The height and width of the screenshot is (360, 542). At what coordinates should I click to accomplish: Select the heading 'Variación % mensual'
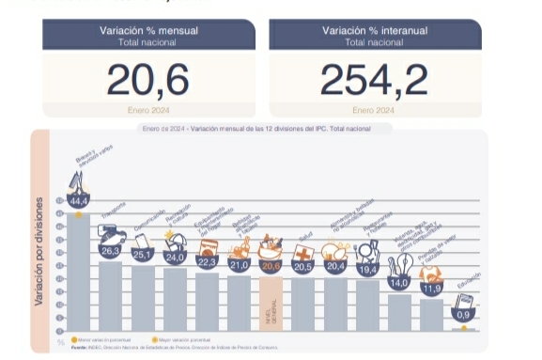(x=148, y=31)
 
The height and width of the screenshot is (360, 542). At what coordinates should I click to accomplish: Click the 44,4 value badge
(x=78, y=201)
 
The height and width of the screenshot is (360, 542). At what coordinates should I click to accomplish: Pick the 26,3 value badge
(x=111, y=251)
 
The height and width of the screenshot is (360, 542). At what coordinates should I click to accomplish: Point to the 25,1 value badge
(x=143, y=254)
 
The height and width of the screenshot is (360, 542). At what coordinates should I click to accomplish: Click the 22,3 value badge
(x=208, y=261)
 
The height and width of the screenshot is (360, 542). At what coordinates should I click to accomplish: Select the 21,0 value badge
(x=239, y=265)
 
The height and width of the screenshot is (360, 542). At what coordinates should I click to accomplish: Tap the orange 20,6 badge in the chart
(x=271, y=267)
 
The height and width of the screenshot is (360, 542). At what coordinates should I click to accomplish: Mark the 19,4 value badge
(x=368, y=269)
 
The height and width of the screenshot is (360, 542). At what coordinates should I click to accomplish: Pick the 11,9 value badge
(x=433, y=288)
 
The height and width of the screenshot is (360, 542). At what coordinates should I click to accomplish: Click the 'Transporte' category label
(x=113, y=218)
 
